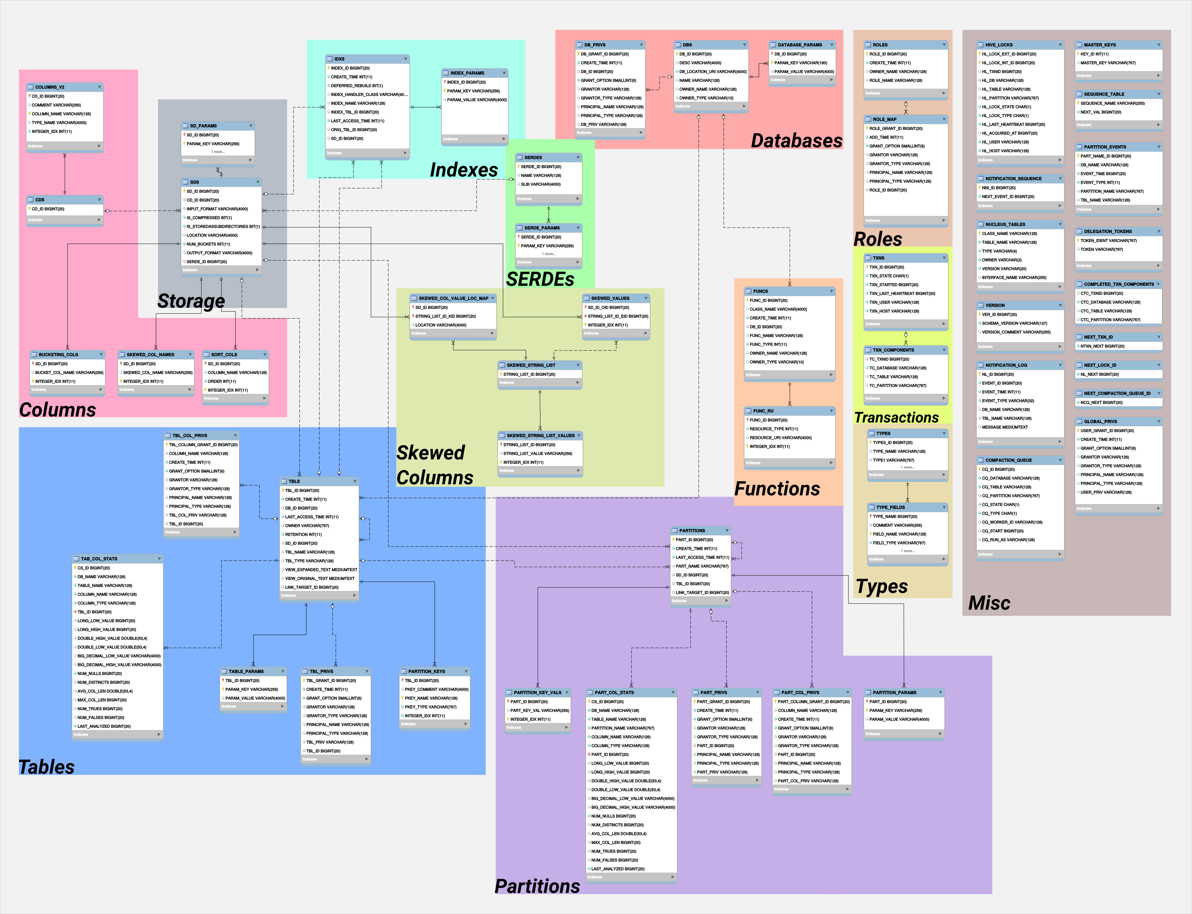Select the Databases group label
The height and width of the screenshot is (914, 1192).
797,140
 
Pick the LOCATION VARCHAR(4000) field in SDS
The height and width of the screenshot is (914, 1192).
212,235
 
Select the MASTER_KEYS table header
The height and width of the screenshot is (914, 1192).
1119,45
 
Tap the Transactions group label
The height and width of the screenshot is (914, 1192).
897,417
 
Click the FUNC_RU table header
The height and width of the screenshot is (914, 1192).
789,411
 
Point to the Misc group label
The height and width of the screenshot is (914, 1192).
989,603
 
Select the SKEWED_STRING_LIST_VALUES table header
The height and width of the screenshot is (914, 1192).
540,435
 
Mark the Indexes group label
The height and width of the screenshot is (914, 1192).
463,170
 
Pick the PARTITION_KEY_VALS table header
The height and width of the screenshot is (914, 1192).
538,693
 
